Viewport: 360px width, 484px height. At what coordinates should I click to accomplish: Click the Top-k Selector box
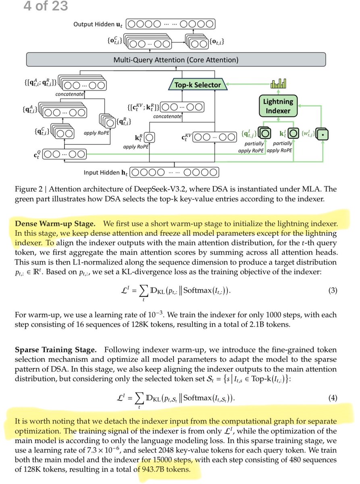pos(198,85)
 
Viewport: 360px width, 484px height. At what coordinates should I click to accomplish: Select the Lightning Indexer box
pos(277,105)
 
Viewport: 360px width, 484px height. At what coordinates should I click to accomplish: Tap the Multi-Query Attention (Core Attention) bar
pos(176,60)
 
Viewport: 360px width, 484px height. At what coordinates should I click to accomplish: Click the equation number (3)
pos(333,290)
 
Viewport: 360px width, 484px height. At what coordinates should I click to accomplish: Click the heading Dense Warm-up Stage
pos(56,223)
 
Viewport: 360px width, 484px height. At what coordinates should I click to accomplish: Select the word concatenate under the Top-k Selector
pos(167,116)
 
